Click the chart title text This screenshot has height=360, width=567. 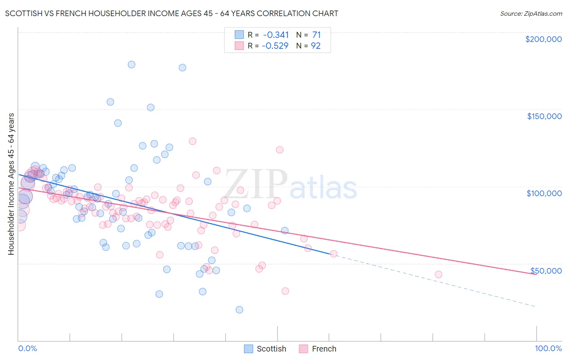pyautogui.click(x=171, y=13)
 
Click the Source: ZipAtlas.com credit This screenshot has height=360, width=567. pyautogui.click(x=531, y=13)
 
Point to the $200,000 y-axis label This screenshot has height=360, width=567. pyautogui.click(x=543, y=39)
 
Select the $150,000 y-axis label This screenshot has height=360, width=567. pyautogui.click(x=544, y=116)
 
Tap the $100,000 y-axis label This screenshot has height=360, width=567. pyautogui.click(x=544, y=193)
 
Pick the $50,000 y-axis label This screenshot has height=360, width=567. pyautogui.click(x=546, y=270)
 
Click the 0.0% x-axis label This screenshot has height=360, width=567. pyautogui.click(x=28, y=348)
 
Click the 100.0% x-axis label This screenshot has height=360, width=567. pyautogui.click(x=548, y=348)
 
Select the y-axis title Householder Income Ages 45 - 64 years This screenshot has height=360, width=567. pyautogui.click(x=11, y=184)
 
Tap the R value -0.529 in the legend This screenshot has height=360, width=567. pyautogui.click(x=275, y=46)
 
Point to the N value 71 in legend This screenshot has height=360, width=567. pyautogui.click(x=316, y=35)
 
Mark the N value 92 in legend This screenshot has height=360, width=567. pyautogui.click(x=315, y=46)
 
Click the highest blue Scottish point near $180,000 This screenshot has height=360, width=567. pyautogui.click(x=131, y=65)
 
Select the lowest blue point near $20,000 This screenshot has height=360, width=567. pyautogui.click(x=239, y=310)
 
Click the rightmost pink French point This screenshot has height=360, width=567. pyautogui.click(x=438, y=274)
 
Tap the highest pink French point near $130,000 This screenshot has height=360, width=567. pyautogui.click(x=192, y=141)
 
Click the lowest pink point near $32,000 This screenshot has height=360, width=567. pyautogui.click(x=285, y=291)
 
